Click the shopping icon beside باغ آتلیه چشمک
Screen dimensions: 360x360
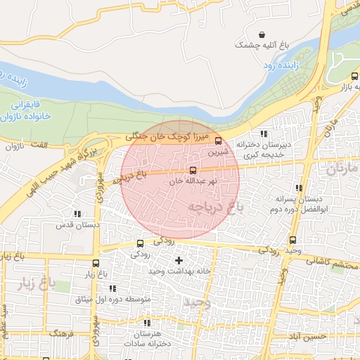pos(262,34)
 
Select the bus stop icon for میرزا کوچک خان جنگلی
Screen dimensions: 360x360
pos(217,141)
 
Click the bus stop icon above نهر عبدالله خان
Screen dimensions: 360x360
pos(193,171)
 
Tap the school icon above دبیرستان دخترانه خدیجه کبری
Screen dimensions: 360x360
pos(264,134)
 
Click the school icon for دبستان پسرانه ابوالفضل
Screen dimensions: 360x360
pos(299,188)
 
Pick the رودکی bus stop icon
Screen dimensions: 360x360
pos(139,245)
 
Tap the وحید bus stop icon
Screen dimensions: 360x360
pos(292,240)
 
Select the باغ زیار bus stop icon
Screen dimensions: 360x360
pos(95,264)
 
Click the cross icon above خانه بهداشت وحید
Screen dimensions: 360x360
pos(179,261)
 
